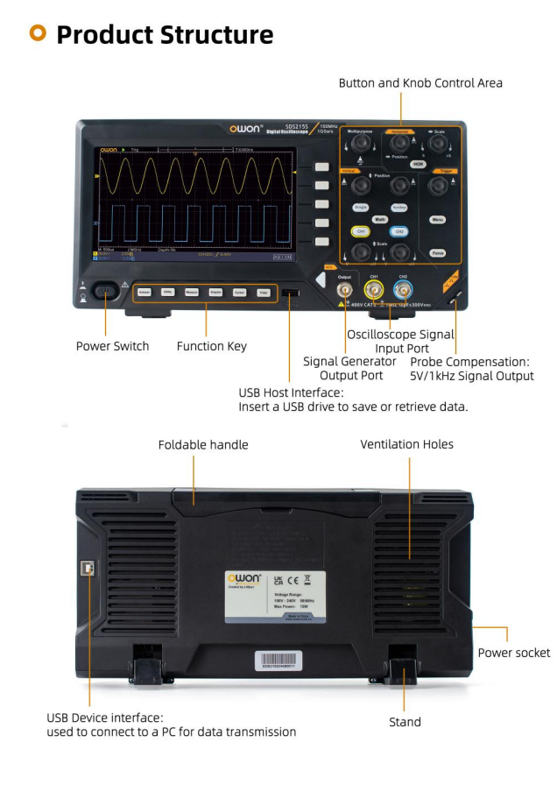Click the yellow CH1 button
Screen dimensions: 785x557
click(359, 231)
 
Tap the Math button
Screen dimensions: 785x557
click(379, 219)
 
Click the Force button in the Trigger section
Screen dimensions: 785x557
click(439, 253)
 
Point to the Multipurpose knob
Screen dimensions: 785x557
click(359, 142)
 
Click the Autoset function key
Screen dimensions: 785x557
click(145, 293)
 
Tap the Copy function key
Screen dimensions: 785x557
click(263, 293)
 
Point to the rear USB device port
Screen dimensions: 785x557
click(91, 569)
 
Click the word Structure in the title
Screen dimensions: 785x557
click(215, 35)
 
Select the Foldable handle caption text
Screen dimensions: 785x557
click(203, 445)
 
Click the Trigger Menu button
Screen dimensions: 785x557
click(439, 220)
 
